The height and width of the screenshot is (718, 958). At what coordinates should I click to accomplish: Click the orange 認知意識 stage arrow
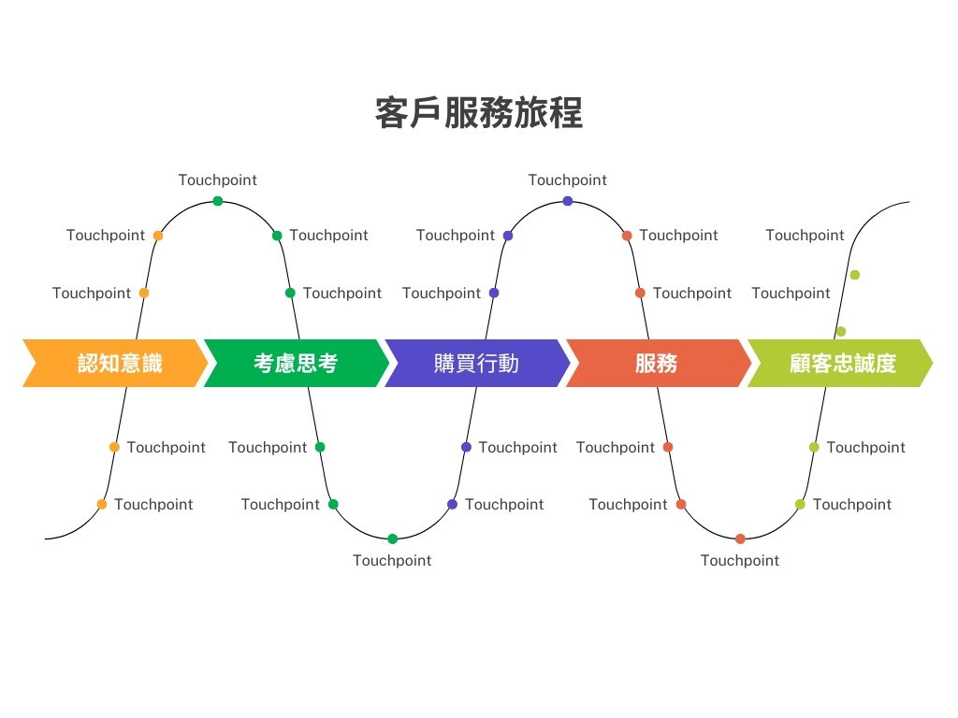[115, 364]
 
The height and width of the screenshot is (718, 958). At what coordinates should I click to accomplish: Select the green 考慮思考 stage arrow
[297, 364]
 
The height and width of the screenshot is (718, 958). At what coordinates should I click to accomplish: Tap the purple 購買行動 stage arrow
[477, 364]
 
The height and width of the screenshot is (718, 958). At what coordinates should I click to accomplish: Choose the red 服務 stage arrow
[658, 364]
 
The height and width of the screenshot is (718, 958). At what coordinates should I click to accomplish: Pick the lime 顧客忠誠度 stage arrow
[840, 364]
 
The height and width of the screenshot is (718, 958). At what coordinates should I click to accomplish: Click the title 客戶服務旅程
[479, 113]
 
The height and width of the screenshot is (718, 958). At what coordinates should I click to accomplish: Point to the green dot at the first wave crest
[218, 201]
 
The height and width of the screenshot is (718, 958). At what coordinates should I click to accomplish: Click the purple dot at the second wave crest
[568, 201]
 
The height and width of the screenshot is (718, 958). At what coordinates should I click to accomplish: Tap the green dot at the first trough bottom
[393, 538]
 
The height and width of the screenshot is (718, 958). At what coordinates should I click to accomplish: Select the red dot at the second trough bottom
[741, 538]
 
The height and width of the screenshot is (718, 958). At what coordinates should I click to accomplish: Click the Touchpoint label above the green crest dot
[217, 180]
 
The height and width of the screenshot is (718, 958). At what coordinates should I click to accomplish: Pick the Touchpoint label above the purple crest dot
[568, 180]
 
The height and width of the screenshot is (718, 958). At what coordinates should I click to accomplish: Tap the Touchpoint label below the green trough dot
[392, 561]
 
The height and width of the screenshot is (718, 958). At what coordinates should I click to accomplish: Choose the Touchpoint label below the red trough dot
[740, 561]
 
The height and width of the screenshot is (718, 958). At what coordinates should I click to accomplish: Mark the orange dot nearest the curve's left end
[102, 504]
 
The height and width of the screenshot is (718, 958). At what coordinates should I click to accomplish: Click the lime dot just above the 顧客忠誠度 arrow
[841, 332]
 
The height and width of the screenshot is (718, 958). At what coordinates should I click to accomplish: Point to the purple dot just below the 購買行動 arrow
[466, 447]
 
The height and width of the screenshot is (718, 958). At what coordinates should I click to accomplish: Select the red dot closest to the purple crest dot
[627, 236]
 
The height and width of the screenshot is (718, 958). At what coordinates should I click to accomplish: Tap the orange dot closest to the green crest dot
[158, 236]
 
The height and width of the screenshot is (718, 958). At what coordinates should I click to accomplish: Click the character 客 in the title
[392, 113]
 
